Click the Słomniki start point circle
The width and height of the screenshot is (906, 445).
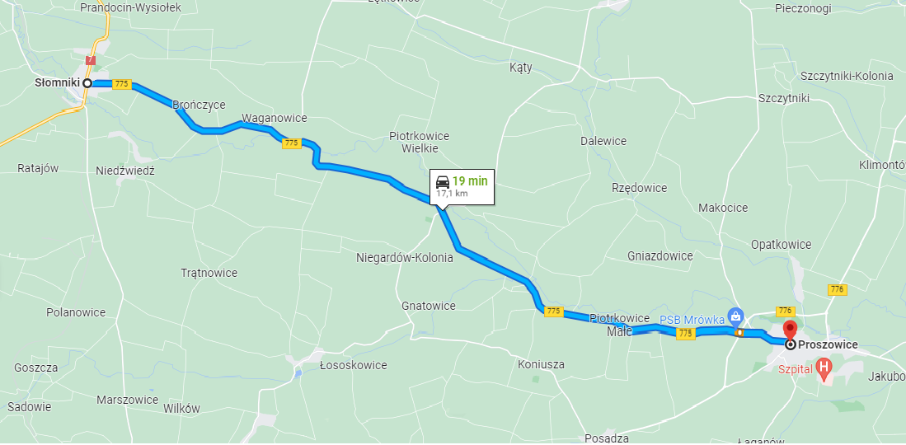point(87,83)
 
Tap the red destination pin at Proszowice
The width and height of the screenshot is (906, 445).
point(789,329)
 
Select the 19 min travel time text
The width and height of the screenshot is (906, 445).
point(470,180)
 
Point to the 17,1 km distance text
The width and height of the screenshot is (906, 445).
point(452,193)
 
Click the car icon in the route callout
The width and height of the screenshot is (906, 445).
point(443,181)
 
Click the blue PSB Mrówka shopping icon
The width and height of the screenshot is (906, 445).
point(736,316)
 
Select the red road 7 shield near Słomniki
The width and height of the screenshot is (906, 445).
point(91,60)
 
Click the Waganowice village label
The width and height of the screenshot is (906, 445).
point(275,118)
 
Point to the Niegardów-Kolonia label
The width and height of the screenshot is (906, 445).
point(404,258)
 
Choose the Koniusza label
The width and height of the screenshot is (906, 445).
point(542,364)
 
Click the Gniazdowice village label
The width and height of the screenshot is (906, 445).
point(660,256)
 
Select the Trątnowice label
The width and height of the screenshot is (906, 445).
point(209,273)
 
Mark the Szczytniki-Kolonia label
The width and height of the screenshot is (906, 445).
point(846,76)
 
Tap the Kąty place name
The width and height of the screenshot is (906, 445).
point(521,68)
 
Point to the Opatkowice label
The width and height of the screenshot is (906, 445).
point(781,245)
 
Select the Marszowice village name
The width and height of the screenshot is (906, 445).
point(127,400)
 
